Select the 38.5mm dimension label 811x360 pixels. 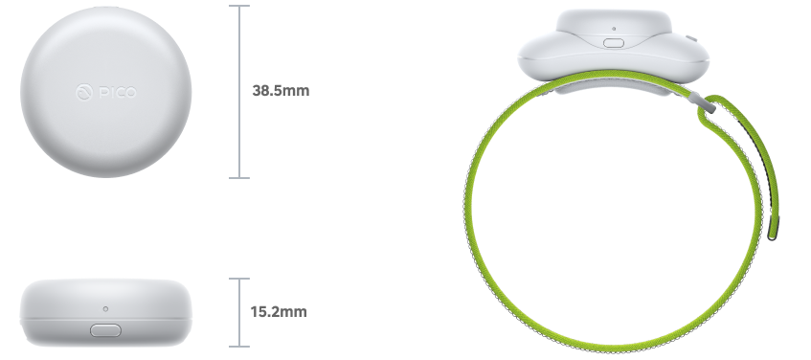click(281, 92)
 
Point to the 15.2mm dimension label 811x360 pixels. click(279, 312)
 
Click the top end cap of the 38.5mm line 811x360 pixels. click(238, 6)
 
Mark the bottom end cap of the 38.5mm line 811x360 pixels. click(238, 178)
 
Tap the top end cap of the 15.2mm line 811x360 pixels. click(238, 280)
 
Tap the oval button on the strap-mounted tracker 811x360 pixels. click(613, 41)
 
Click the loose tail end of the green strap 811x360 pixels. click(774, 232)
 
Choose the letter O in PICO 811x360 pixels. click(130, 92)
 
